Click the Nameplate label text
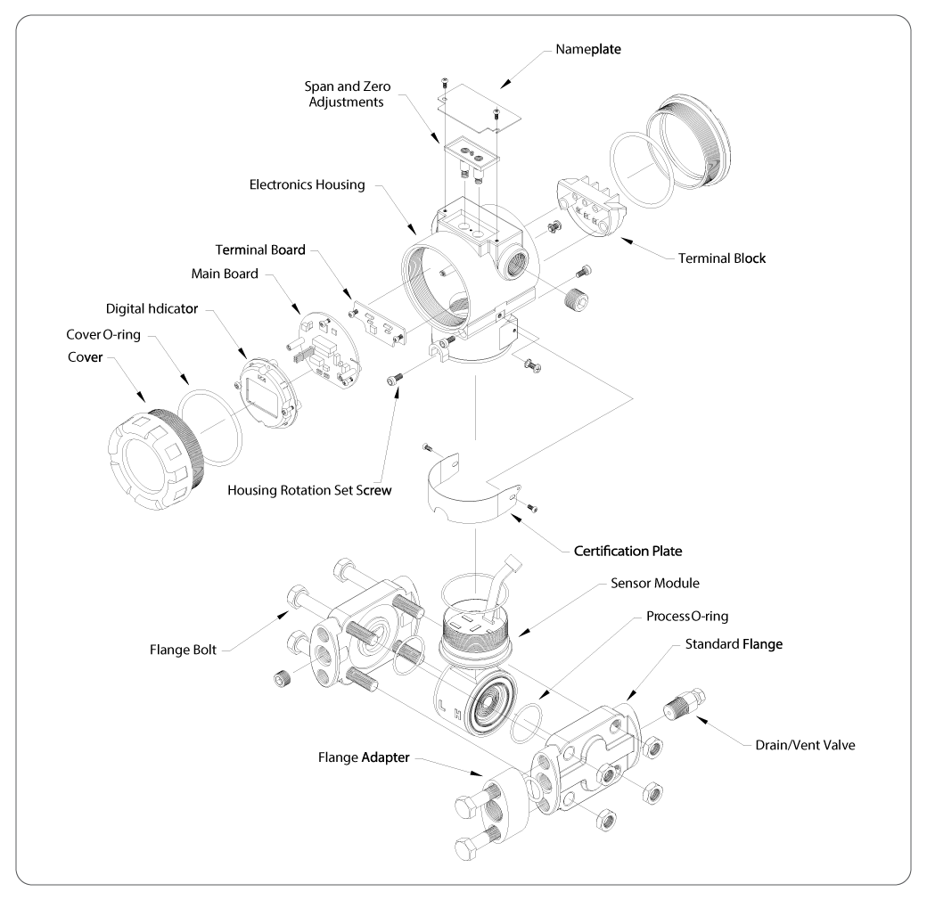tap(588, 49)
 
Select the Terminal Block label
tap(721, 258)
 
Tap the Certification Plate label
tap(628, 552)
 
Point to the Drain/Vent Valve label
tap(805, 745)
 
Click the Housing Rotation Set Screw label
tap(309, 490)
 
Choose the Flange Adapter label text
tap(364, 757)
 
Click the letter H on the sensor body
tap(457, 715)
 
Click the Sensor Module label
tap(654, 584)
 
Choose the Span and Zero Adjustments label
tap(347, 94)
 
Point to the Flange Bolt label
tap(183, 650)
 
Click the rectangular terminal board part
tap(380, 323)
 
